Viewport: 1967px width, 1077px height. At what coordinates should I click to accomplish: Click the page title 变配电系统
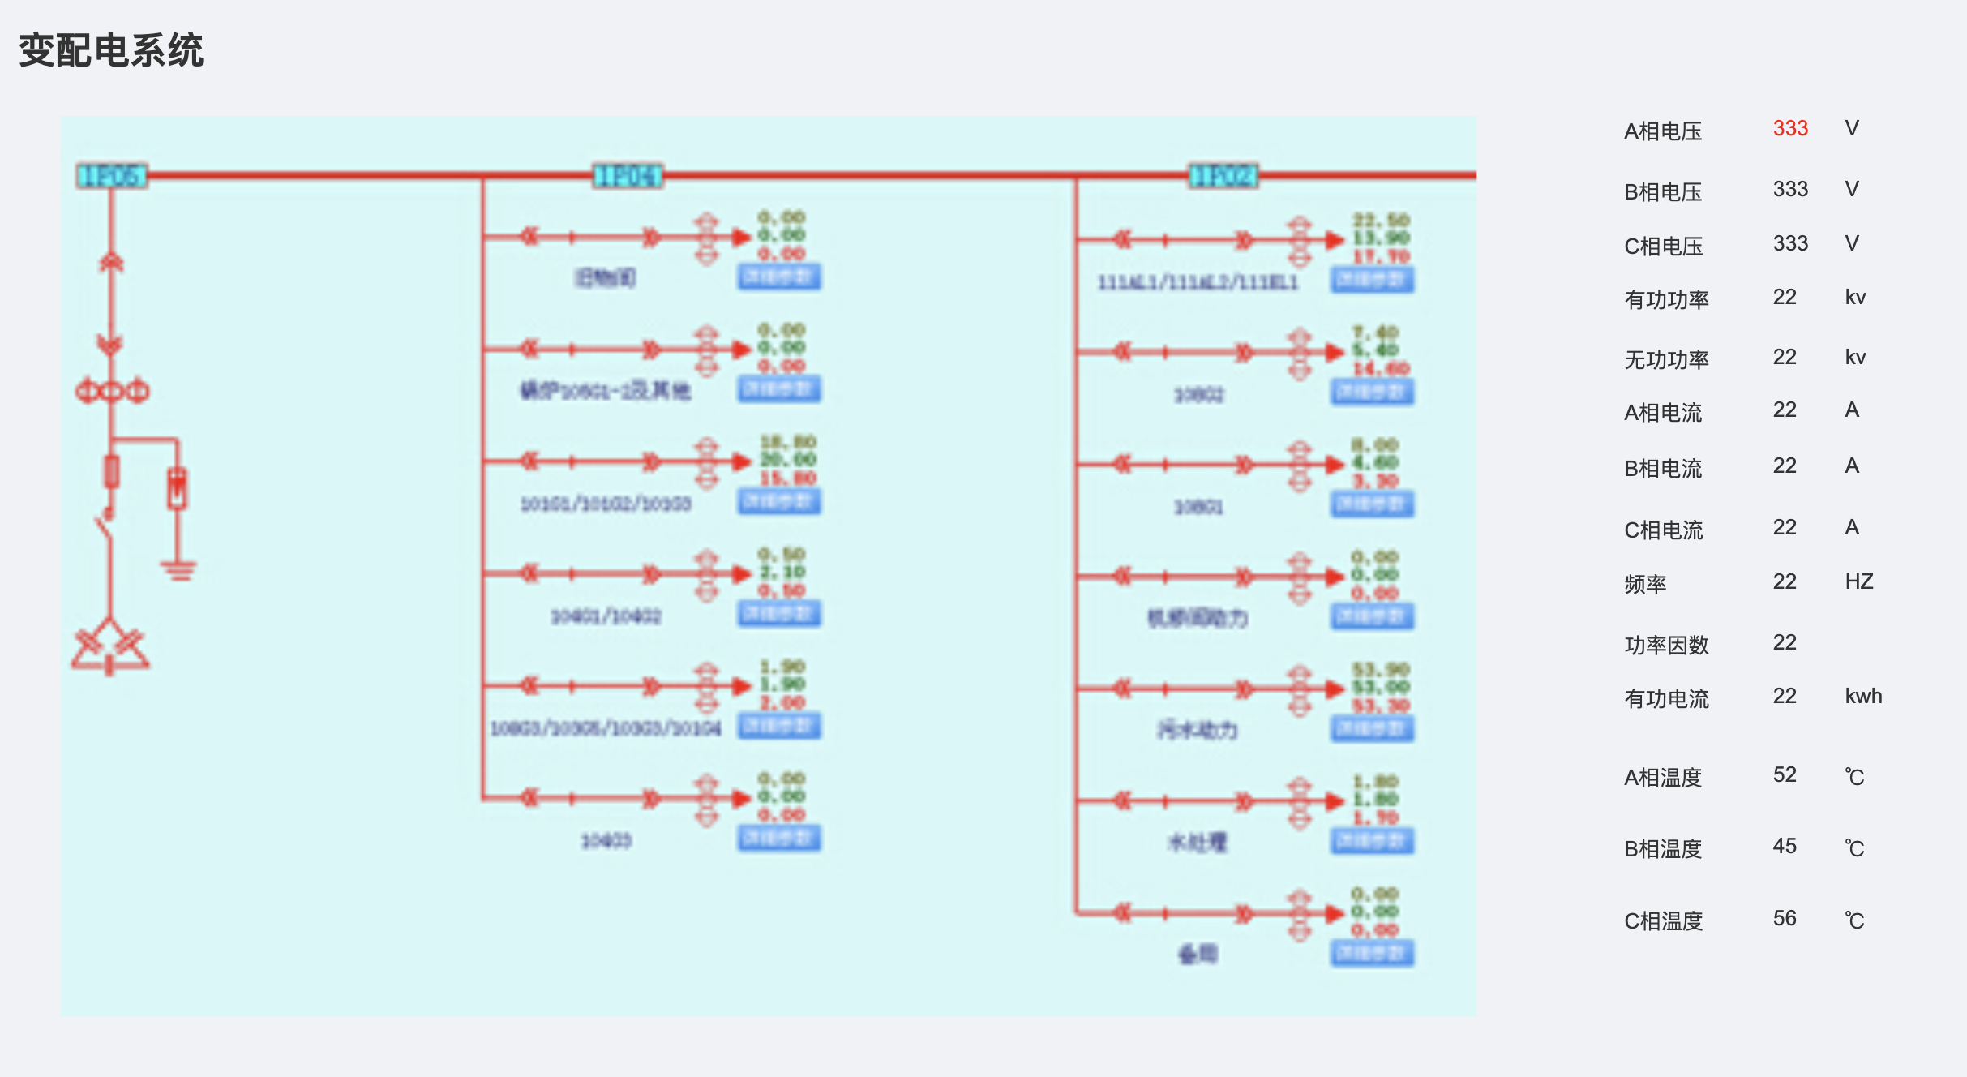click(111, 50)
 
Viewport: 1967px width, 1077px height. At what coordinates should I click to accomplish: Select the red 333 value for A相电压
click(1790, 128)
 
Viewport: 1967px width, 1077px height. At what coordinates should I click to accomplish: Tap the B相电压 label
click(1662, 192)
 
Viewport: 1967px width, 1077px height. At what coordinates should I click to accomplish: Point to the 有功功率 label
click(1666, 300)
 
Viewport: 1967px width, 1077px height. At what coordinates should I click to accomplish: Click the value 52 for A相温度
click(1785, 774)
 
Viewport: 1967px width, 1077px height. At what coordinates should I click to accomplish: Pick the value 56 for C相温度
click(1785, 918)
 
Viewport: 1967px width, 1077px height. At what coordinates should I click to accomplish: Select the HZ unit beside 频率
click(1858, 581)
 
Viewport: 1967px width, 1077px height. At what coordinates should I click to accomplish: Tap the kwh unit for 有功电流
click(1863, 696)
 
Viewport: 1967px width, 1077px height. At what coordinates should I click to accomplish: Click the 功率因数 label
click(1666, 646)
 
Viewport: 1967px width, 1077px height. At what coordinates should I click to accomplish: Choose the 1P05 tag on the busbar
click(112, 175)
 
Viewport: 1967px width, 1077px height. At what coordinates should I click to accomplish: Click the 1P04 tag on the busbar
click(628, 175)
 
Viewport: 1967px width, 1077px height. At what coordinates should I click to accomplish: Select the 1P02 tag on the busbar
click(1223, 175)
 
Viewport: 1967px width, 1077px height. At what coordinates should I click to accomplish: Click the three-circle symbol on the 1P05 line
click(112, 392)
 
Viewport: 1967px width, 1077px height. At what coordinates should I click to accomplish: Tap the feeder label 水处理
click(1198, 843)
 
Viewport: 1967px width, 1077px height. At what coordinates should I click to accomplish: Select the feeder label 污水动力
click(1198, 730)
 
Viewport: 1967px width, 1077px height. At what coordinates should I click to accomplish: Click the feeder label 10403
click(606, 841)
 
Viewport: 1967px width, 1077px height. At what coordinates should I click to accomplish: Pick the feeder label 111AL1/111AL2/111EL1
click(1198, 282)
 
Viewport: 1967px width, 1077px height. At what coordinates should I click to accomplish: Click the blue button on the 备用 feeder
click(1372, 953)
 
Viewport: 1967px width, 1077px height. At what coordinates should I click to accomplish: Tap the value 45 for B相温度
click(1785, 846)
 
